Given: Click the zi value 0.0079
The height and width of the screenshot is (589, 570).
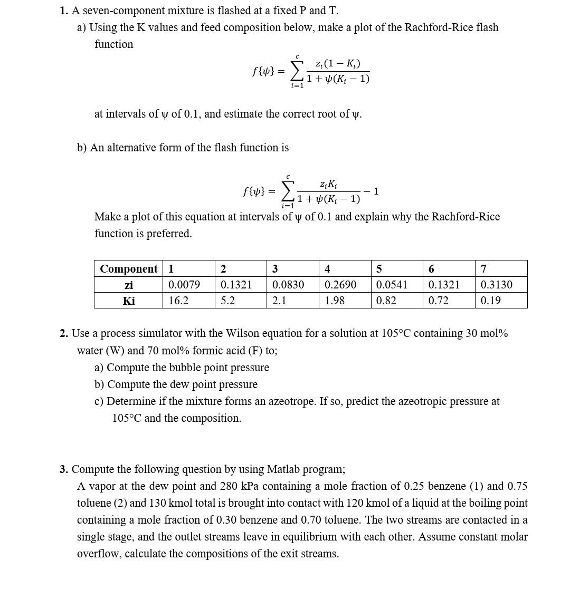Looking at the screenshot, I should pos(184,285).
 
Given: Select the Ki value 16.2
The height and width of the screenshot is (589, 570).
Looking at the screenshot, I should pos(178,301).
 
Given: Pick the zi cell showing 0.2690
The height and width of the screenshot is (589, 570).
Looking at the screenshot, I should pos(340,285).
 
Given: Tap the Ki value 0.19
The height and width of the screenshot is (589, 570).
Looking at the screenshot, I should pos(490,301).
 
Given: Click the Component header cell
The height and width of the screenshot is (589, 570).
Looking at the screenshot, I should pos(128,269).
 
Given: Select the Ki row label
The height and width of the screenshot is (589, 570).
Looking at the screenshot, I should pos(128,301).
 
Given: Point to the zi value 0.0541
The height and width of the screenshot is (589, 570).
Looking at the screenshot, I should pos(392,285).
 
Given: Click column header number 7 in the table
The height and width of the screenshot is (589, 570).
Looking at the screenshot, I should pos(483,269).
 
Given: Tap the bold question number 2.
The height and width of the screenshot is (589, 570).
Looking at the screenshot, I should pos(64,333).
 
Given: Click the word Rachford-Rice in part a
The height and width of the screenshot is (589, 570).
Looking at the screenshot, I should pos(438,27).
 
